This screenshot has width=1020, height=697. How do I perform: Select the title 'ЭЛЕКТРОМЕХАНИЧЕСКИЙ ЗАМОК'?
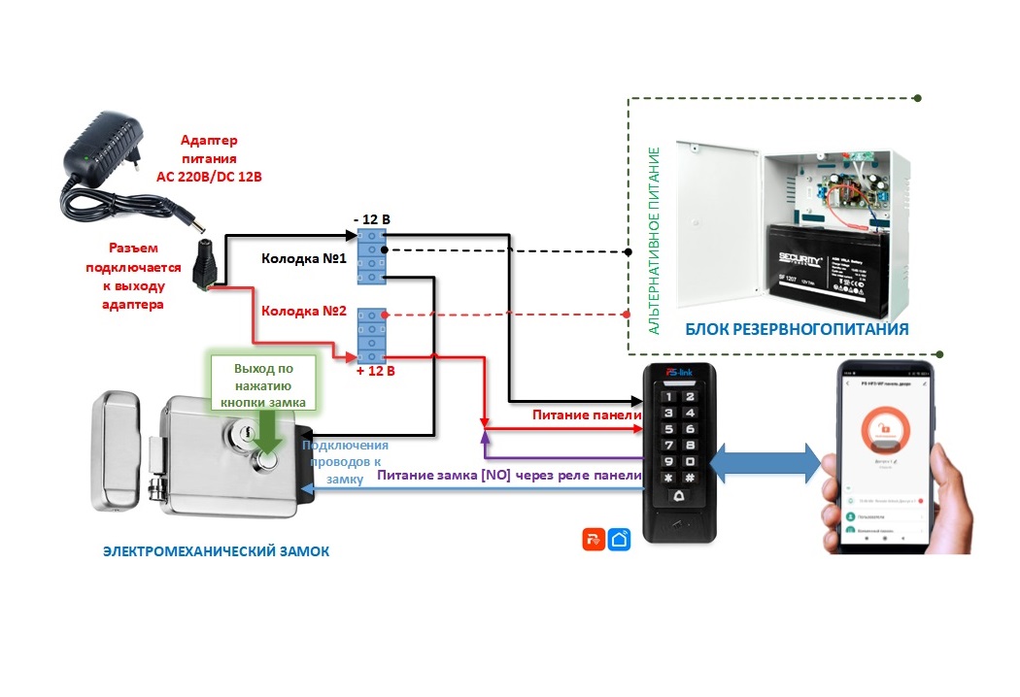216,551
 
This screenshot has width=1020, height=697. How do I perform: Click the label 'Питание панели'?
586,415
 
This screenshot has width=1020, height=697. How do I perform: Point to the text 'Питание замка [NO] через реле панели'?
509,476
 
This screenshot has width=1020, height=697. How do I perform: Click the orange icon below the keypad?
594,540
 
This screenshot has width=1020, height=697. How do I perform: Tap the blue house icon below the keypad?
619,540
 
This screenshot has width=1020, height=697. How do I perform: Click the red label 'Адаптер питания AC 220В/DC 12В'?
210,159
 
